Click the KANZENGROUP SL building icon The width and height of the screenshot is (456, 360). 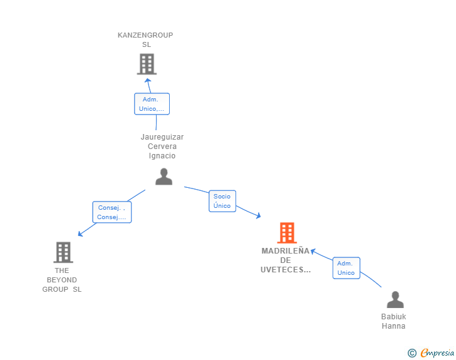click(x=147, y=64)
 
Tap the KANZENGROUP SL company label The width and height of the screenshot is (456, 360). click(x=145, y=39)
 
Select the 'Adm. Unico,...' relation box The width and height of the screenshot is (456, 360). click(x=152, y=104)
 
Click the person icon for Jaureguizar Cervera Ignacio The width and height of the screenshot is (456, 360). click(x=163, y=177)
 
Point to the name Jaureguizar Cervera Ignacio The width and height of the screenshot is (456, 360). click(x=162, y=147)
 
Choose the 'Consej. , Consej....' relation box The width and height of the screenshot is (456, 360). click(x=112, y=212)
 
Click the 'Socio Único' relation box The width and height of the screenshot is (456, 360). click(x=222, y=201)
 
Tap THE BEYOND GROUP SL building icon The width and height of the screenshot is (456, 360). click(x=63, y=252)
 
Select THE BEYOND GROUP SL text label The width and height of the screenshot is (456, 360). click(x=62, y=280)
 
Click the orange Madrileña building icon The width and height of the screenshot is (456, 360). click(x=287, y=233)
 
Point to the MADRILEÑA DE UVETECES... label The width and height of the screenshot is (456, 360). click(x=286, y=260)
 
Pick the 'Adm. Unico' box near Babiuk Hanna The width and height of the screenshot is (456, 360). click(x=346, y=268)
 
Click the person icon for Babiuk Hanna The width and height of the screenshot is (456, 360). click(x=395, y=299)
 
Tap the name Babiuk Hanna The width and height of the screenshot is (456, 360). click(x=393, y=321)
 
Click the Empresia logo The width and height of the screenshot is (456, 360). click(x=437, y=353)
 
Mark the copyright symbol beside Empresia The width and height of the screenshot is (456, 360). click(x=412, y=353)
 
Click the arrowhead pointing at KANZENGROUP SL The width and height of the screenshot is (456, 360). click(x=148, y=81)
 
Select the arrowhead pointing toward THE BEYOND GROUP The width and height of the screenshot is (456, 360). click(x=81, y=234)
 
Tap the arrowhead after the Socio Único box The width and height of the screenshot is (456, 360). click(x=258, y=215)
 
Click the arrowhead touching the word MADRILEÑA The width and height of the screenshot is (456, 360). click(x=313, y=251)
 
